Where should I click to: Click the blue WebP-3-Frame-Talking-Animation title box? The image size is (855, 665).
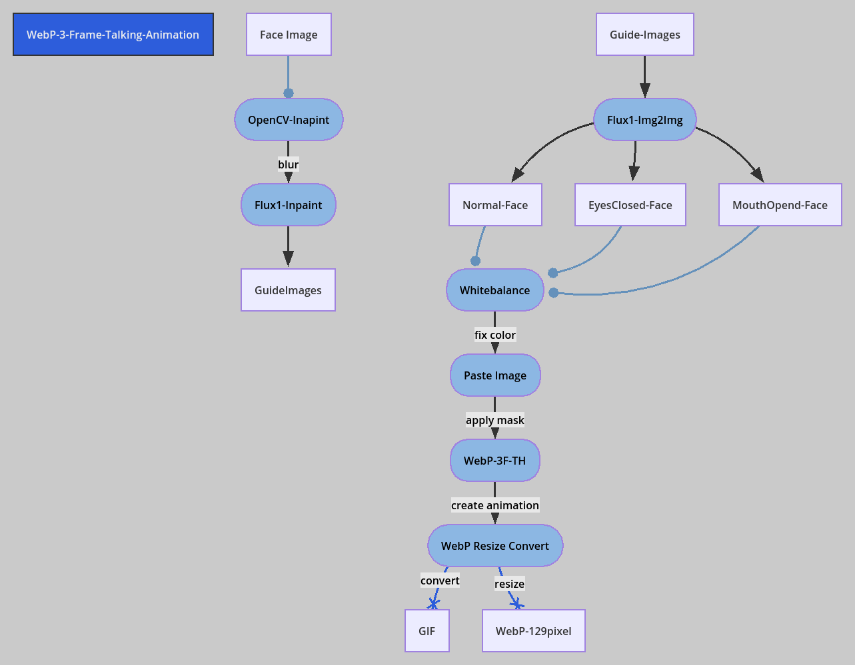pyautogui.click(x=113, y=35)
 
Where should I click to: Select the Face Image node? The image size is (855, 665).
pyautogui.click(x=289, y=35)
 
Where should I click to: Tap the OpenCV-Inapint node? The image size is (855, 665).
pyautogui.click(x=289, y=120)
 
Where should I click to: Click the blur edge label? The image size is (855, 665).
pyautogui.click(x=289, y=164)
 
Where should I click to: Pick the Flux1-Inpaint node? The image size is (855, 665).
pyautogui.click(x=289, y=205)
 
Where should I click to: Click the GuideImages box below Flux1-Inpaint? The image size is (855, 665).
pyautogui.click(x=288, y=290)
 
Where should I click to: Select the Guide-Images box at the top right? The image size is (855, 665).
pyautogui.click(x=644, y=35)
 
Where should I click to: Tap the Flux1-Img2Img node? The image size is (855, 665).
pyautogui.click(x=644, y=120)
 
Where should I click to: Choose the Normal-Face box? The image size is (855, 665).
pyautogui.click(x=495, y=205)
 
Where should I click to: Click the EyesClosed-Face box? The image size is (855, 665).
pyautogui.click(x=630, y=205)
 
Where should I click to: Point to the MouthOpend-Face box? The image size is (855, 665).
pyautogui.click(x=780, y=205)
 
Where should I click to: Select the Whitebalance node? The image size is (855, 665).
pyautogui.click(x=495, y=290)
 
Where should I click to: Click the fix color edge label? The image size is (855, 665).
pyautogui.click(x=495, y=335)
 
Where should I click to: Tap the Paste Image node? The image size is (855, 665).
pyautogui.click(x=495, y=375)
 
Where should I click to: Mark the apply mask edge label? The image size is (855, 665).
pyautogui.click(x=495, y=420)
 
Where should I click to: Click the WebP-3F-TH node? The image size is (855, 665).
pyautogui.click(x=495, y=461)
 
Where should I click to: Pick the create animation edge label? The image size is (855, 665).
pyautogui.click(x=495, y=505)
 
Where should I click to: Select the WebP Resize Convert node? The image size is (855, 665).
pyautogui.click(x=495, y=546)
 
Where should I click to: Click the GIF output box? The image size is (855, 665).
pyautogui.click(x=427, y=631)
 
